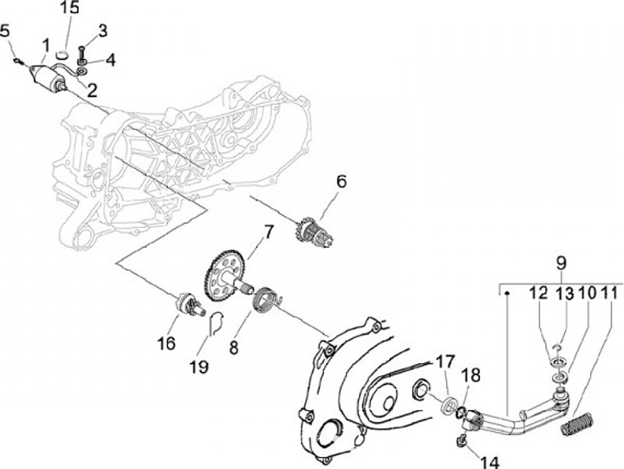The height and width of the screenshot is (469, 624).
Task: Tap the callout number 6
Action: tap(341, 182)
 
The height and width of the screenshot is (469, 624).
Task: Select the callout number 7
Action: tap(269, 233)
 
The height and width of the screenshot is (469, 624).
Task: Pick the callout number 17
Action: tap(444, 362)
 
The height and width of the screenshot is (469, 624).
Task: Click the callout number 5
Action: tap(5, 32)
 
